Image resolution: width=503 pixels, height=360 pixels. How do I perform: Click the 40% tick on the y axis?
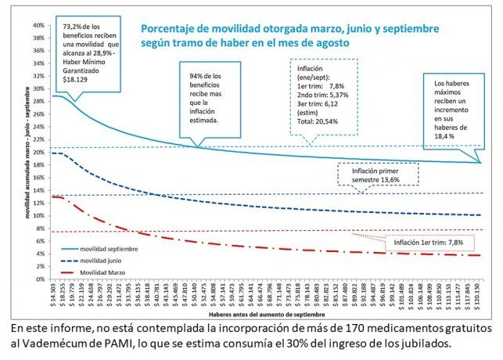38,25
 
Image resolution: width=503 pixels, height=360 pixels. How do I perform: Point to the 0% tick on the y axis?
39,279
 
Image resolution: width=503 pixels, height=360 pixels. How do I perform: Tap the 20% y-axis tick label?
38,152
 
